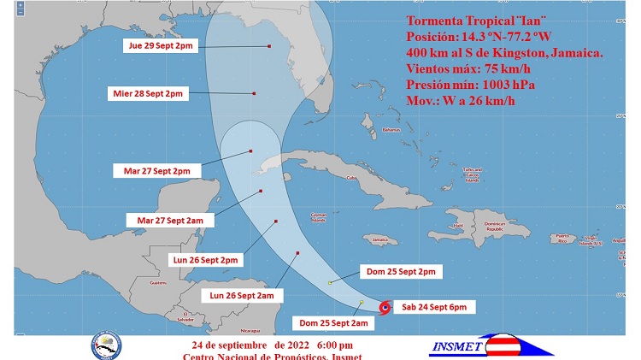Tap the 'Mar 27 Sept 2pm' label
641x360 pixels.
(x=157, y=171)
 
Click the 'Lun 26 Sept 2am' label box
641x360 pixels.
(x=242, y=295)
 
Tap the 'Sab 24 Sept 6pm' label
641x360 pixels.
(x=433, y=306)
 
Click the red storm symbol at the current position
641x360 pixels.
(x=385, y=306)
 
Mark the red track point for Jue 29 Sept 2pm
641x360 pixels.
(x=269, y=46)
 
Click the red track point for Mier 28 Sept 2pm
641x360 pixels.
(x=255, y=92)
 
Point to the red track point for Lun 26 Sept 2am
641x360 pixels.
(x=297, y=252)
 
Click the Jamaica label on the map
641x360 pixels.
(x=380, y=239)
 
